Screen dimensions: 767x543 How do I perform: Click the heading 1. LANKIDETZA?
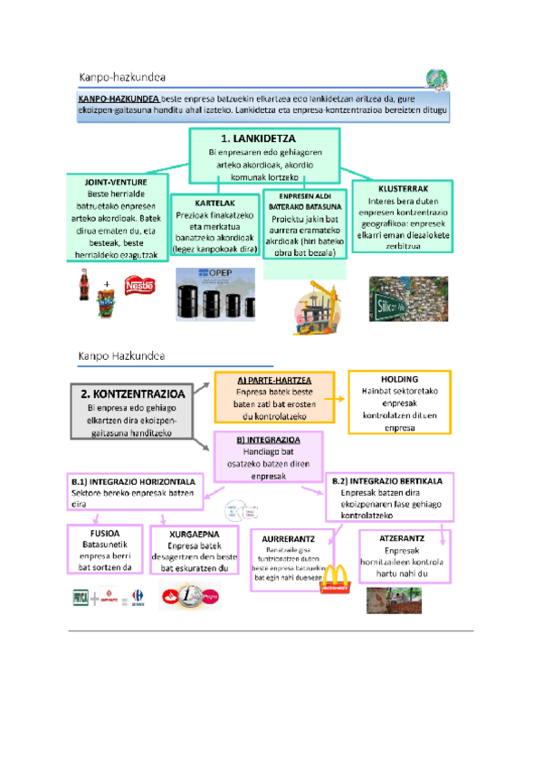[263, 138]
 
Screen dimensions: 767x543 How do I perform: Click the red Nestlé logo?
[139, 287]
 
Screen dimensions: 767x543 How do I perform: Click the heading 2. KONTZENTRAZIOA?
[133, 395]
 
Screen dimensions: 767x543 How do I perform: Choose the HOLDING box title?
[399, 380]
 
